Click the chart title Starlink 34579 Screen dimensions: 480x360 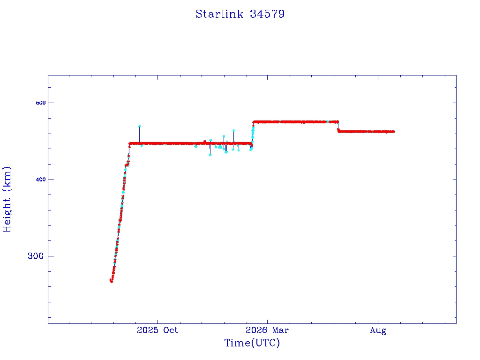240,14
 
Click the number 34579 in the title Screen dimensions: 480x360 267,14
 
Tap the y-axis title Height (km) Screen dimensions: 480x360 7,199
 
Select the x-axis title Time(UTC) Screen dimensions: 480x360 252,343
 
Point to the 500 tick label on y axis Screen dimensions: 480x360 40,103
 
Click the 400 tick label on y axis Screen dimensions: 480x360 40,180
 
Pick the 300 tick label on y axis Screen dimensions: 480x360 36,256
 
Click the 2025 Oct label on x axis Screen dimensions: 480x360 157,330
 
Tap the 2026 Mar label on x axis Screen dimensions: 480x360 267,330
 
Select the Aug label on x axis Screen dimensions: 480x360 378,330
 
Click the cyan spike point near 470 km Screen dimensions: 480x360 139,126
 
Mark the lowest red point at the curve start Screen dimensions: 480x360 112,282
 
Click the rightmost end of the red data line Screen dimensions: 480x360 394,132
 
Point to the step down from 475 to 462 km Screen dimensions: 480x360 338,127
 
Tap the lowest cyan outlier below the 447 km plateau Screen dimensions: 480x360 210,155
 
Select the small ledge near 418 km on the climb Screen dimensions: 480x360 127,165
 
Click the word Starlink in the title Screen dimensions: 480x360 219,14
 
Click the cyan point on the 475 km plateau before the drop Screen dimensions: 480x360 328,121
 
